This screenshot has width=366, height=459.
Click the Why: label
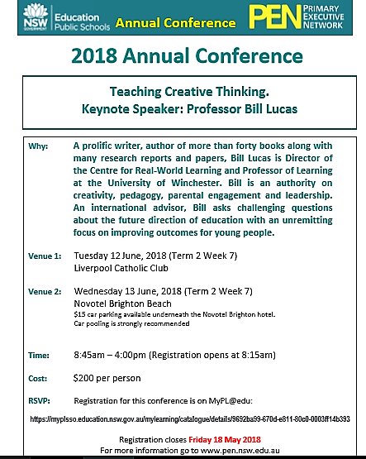pyautogui.click(x=17, y=145)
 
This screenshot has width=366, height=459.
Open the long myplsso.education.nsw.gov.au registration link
pyautogui.click(x=191, y=419)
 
